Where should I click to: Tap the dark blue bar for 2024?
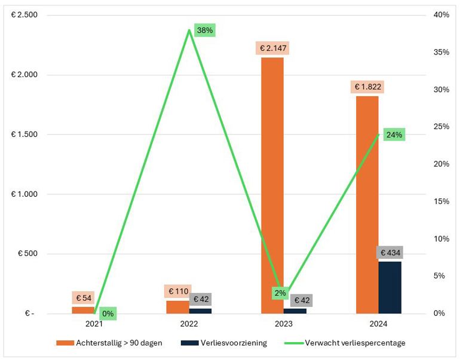[390, 287]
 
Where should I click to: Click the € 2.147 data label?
[272, 48]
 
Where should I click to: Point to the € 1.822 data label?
[367, 87]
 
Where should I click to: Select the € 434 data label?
[390, 252]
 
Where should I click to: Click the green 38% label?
[204, 30]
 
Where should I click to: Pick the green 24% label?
[394, 135]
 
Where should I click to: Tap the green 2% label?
[280, 293]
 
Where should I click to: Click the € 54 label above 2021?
[83, 297]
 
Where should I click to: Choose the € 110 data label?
[177, 291]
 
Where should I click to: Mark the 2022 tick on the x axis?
[188, 324]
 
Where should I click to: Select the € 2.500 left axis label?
[24, 15]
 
